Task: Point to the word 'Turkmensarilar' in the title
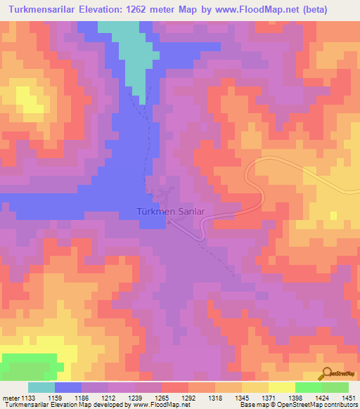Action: coord(46,9)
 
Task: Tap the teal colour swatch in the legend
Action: coord(41,387)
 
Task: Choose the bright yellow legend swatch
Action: coord(281,387)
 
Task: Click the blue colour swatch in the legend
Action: coord(67,387)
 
